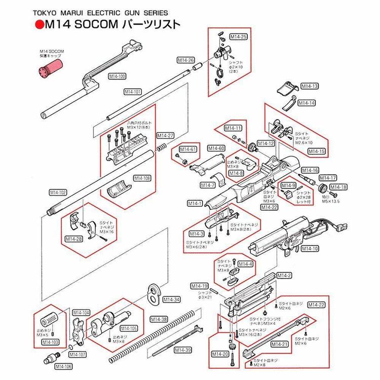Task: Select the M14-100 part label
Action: [x=118, y=76]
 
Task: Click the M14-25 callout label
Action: [x=238, y=37]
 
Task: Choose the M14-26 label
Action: [x=185, y=60]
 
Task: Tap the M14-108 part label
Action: [x=142, y=178]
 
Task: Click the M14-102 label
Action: [x=58, y=192]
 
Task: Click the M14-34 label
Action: [x=171, y=299]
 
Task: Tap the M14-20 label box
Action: [x=219, y=353]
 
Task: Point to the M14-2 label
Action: [x=284, y=275]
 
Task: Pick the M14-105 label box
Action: [x=129, y=328]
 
